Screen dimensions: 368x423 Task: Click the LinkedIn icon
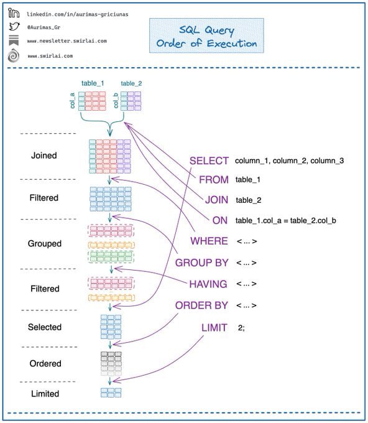14,12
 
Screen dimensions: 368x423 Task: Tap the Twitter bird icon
14,26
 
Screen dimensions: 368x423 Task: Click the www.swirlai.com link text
50,56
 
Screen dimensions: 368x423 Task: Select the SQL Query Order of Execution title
206,36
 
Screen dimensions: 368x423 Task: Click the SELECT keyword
209,160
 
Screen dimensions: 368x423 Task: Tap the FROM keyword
214,180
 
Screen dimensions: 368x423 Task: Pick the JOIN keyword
216,200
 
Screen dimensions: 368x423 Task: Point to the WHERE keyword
209,241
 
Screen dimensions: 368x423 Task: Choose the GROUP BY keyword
201,263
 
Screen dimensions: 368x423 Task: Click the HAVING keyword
208,284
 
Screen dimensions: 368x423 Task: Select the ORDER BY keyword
201,305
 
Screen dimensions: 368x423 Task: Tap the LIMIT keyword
214,327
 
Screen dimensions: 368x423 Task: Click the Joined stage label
44,156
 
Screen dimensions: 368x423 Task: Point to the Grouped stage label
45,244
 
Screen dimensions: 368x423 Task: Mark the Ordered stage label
45,363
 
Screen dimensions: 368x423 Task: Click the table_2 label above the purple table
131,83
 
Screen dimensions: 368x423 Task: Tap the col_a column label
72,101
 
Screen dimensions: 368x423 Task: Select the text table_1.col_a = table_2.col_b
285,221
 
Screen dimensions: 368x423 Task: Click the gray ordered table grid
111,363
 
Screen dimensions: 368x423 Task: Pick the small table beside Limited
111,393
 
